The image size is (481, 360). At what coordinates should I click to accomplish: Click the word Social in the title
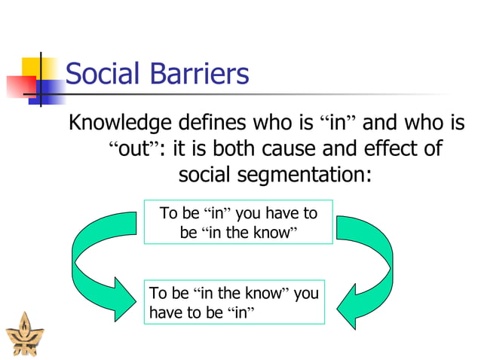[x=103, y=75]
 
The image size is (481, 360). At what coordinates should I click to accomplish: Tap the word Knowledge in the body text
[x=121, y=123]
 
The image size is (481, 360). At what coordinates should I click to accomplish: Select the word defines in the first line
[x=213, y=123]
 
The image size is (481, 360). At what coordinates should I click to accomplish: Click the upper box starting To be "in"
[x=238, y=222]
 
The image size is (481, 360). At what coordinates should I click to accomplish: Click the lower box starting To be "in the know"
[x=234, y=302]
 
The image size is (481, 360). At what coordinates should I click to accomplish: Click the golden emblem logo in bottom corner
[x=20, y=336]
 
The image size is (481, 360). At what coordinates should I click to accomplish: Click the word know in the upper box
[x=270, y=233]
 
